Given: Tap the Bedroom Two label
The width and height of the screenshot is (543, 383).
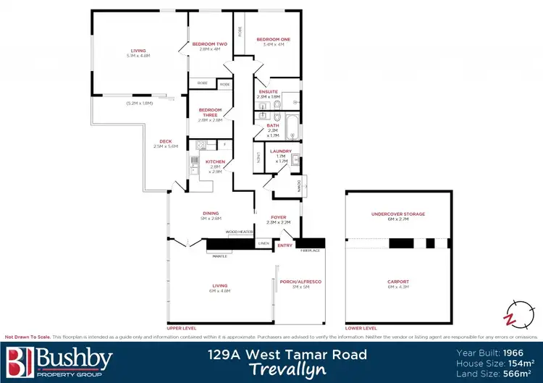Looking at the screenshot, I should tap(209, 45).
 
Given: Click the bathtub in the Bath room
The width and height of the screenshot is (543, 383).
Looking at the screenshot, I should tap(291, 127).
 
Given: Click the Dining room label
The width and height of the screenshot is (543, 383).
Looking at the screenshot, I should tap(211, 213).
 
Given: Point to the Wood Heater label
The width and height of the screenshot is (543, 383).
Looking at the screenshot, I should tap(238, 232).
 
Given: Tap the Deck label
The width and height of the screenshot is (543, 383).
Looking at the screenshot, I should tap(160, 142).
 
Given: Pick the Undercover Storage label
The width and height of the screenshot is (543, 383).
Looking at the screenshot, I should tap(397, 214).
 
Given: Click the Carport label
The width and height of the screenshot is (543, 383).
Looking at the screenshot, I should tap(398, 282).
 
